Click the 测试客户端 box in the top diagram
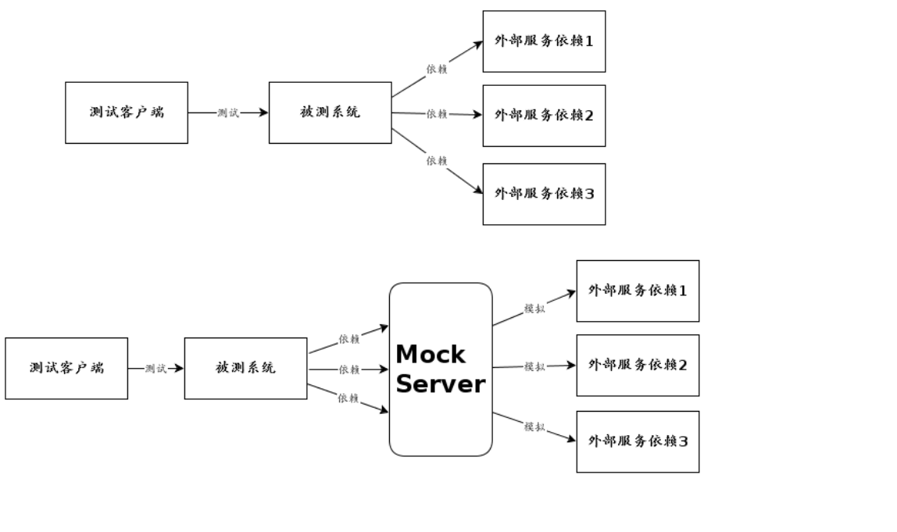click(x=127, y=112)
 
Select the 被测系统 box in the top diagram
click(x=330, y=112)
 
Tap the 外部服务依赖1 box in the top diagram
click(x=544, y=41)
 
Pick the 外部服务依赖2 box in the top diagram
click(x=544, y=116)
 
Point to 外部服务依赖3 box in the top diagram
click(x=544, y=194)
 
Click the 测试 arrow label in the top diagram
click(x=227, y=112)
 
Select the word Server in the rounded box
click(x=441, y=384)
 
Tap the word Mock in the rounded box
click(x=430, y=355)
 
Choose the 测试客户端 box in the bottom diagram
click(x=66, y=368)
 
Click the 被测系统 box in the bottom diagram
click(x=245, y=368)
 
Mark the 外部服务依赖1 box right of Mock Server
click(x=638, y=291)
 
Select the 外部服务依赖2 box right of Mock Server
click(x=638, y=365)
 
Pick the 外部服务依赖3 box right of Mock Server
click(x=638, y=441)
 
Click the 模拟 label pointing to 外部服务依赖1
click(x=534, y=309)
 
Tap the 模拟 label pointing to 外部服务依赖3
click(x=534, y=427)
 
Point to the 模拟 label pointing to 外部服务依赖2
click(x=534, y=366)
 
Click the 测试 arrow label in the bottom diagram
click(x=155, y=369)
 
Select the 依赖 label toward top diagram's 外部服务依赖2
click(x=437, y=114)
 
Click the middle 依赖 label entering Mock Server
click(x=348, y=370)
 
